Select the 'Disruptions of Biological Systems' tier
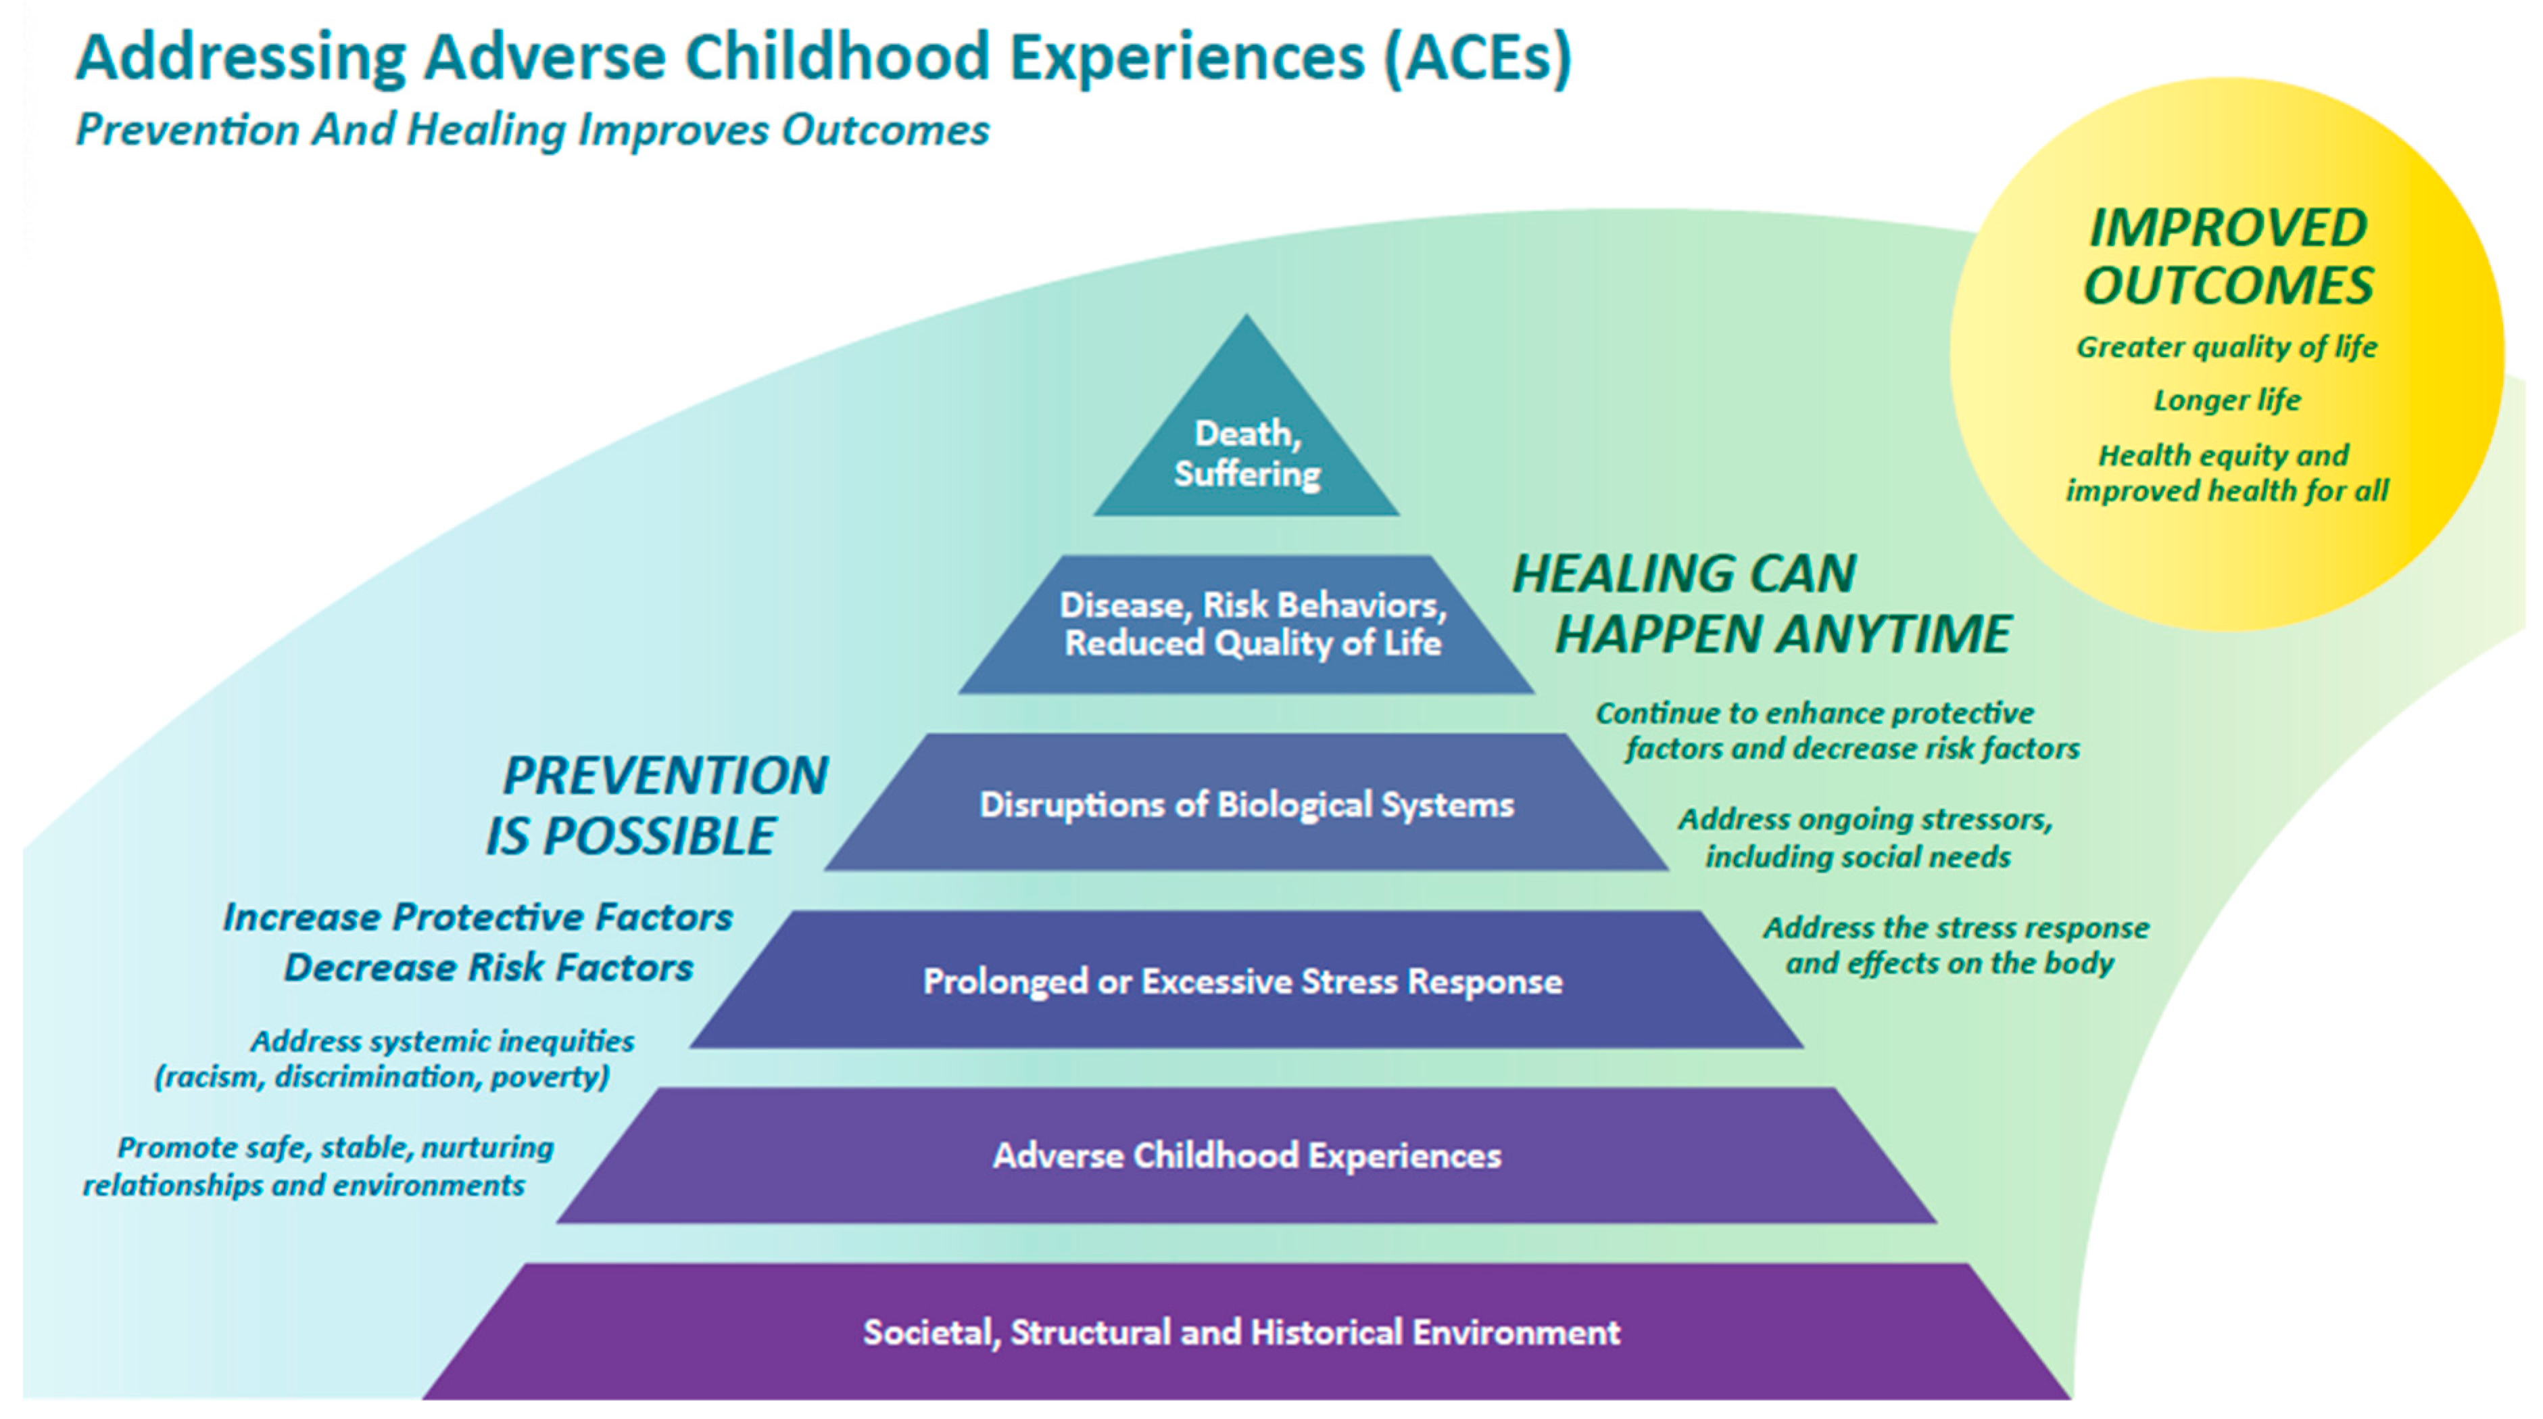(1246, 802)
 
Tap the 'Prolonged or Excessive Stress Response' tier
(1246, 979)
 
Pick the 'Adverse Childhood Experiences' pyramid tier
(1246, 1155)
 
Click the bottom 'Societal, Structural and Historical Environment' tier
(1246, 1331)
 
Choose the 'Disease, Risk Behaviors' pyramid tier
(1246, 624)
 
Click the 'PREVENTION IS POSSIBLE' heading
(656, 805)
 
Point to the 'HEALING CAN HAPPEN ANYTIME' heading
(1762, 603)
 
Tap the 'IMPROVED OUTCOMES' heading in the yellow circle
(2227, 257)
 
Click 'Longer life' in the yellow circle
(2227, 400)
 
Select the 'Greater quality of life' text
(2227, 346)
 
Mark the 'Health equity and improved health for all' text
(2227, 473)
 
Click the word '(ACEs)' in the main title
(1477, 57)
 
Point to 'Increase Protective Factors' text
(478, 917)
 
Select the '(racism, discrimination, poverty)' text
(382, 1076)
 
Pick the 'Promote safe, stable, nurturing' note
(336, 1148)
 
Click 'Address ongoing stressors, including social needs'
(1864, 837)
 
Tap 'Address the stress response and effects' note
(1955, 945)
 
